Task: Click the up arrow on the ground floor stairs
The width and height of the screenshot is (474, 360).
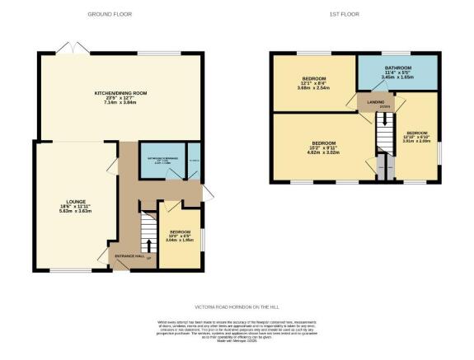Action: tap(148, 245)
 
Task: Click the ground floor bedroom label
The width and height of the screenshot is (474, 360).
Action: tap(180, 236)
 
